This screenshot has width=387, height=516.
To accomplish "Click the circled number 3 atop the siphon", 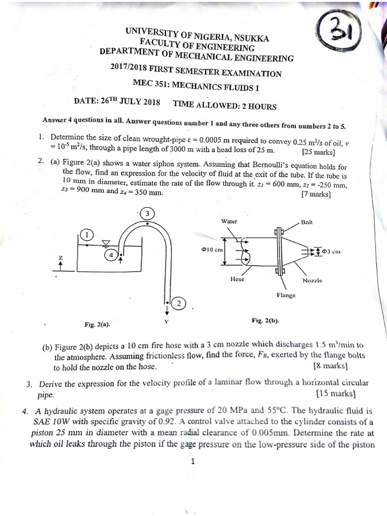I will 147,214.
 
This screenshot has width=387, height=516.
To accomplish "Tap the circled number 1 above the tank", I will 87,234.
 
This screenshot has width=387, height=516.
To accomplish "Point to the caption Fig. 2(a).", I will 98,325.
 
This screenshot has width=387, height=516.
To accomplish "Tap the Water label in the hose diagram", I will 229,221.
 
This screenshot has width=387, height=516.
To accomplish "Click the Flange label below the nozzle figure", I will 286,295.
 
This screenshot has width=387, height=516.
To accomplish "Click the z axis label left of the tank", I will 61,258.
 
